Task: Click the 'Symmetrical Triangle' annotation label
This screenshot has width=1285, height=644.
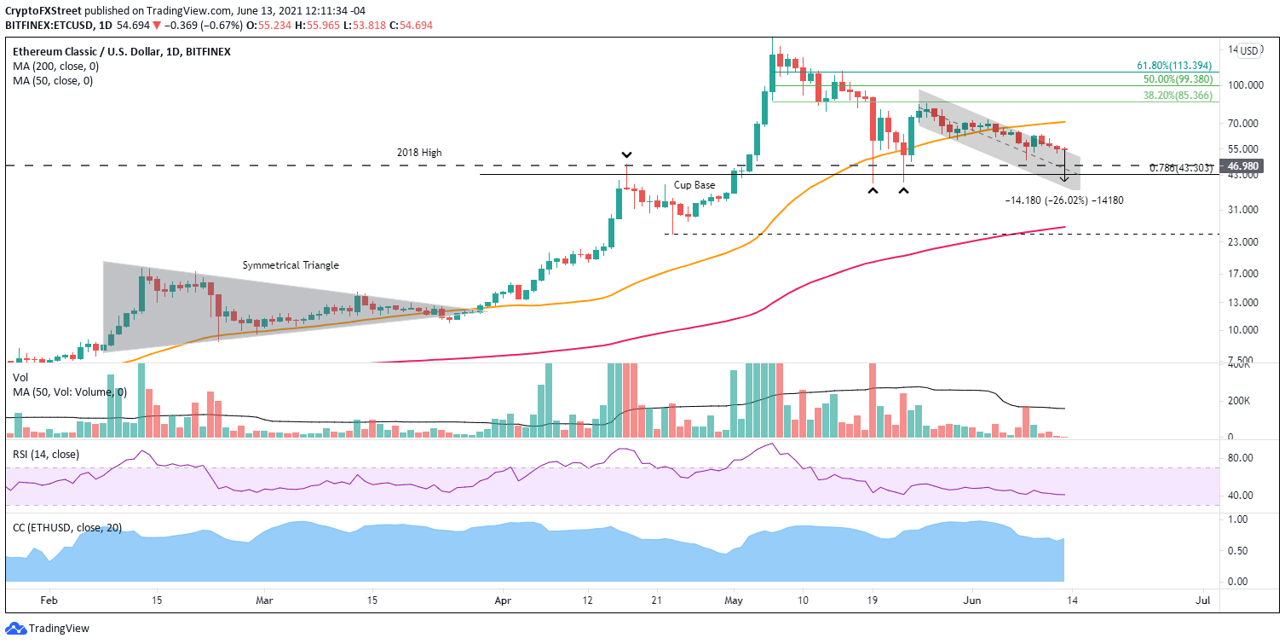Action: [x=291, y=265]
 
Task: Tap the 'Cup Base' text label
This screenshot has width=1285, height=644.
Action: [x=694, y=185]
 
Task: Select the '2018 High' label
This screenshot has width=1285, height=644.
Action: [x=419, y=153]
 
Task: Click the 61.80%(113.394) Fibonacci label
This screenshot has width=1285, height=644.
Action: [x=1177, y=65]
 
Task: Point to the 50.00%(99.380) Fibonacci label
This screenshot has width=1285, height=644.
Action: [x=1177, y=78]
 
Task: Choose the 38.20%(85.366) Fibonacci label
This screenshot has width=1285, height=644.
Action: [x=1177, y=96]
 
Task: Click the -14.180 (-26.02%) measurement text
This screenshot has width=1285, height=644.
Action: [x=1057, y=200]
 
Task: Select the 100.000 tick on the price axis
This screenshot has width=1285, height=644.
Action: [x=1247, y=85]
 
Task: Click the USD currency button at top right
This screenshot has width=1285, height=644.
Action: [x=1248, y=50]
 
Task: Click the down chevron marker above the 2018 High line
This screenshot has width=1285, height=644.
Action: [x=626, y=155]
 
